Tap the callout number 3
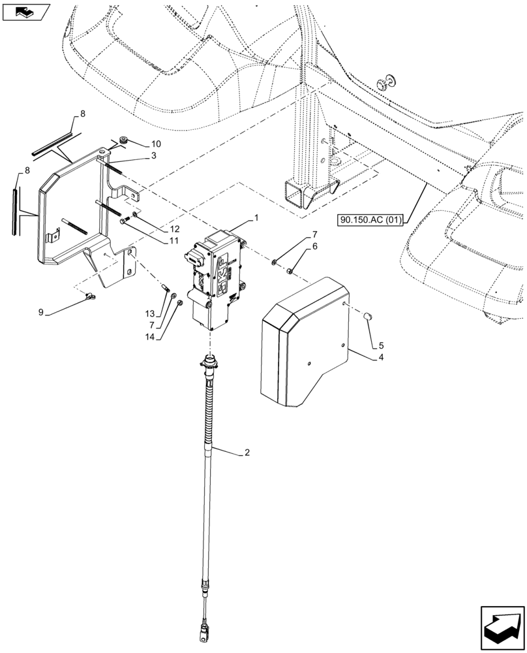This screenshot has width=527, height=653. (153, 156)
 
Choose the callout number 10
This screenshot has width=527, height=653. (156, 143)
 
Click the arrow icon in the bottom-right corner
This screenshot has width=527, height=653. (502, 625)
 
